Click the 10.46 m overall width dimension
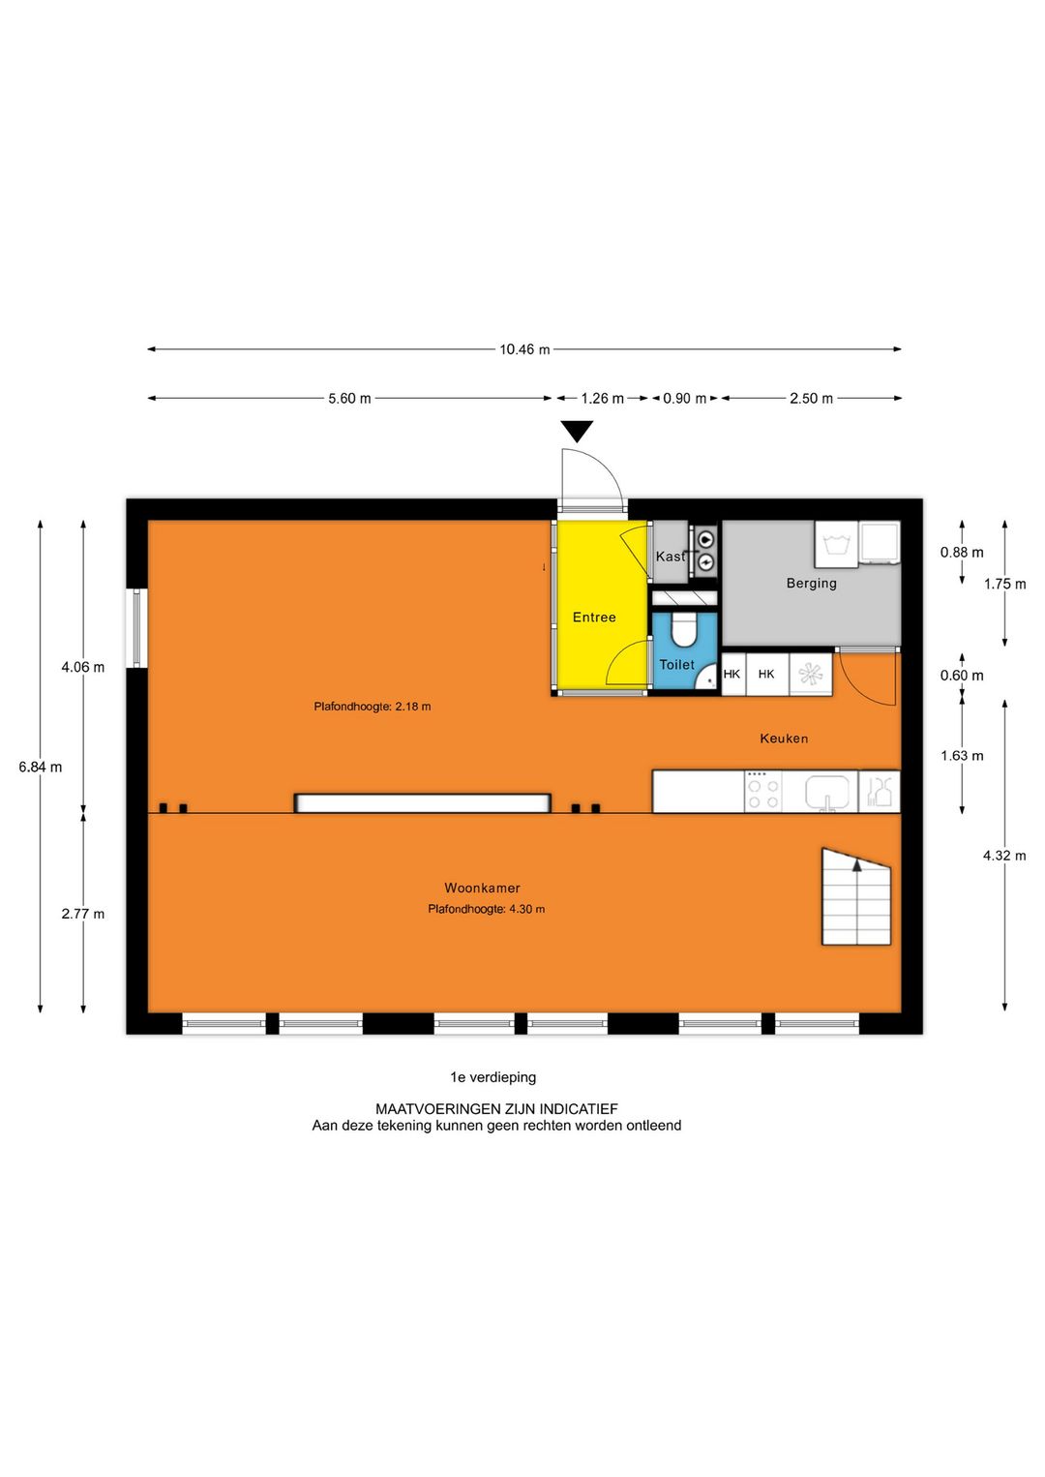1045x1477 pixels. pos(523,349)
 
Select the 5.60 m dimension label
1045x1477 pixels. pos(349,399)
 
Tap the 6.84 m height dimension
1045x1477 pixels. pos(40,767)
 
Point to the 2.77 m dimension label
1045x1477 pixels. pos(82,914)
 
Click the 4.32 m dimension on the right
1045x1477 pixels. pos(1004,856)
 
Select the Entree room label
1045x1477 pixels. pos(594,618)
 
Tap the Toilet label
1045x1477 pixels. pos(676,665)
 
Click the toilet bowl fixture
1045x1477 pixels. pos(684,630)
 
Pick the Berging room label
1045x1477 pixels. pos(811,583)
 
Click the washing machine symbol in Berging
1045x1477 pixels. pos(836,544)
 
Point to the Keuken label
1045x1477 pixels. pos(784,738)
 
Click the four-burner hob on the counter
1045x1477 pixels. pos(762,792)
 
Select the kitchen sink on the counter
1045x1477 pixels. pos(826,792)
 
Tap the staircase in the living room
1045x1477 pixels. pos(856,897)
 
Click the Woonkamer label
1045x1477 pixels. pos(482,888)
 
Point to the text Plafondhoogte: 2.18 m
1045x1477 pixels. pos(372,707)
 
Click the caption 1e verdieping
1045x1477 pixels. pos(493,1077)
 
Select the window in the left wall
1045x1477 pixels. pos(136,628)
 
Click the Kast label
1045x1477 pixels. pos(670,557)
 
